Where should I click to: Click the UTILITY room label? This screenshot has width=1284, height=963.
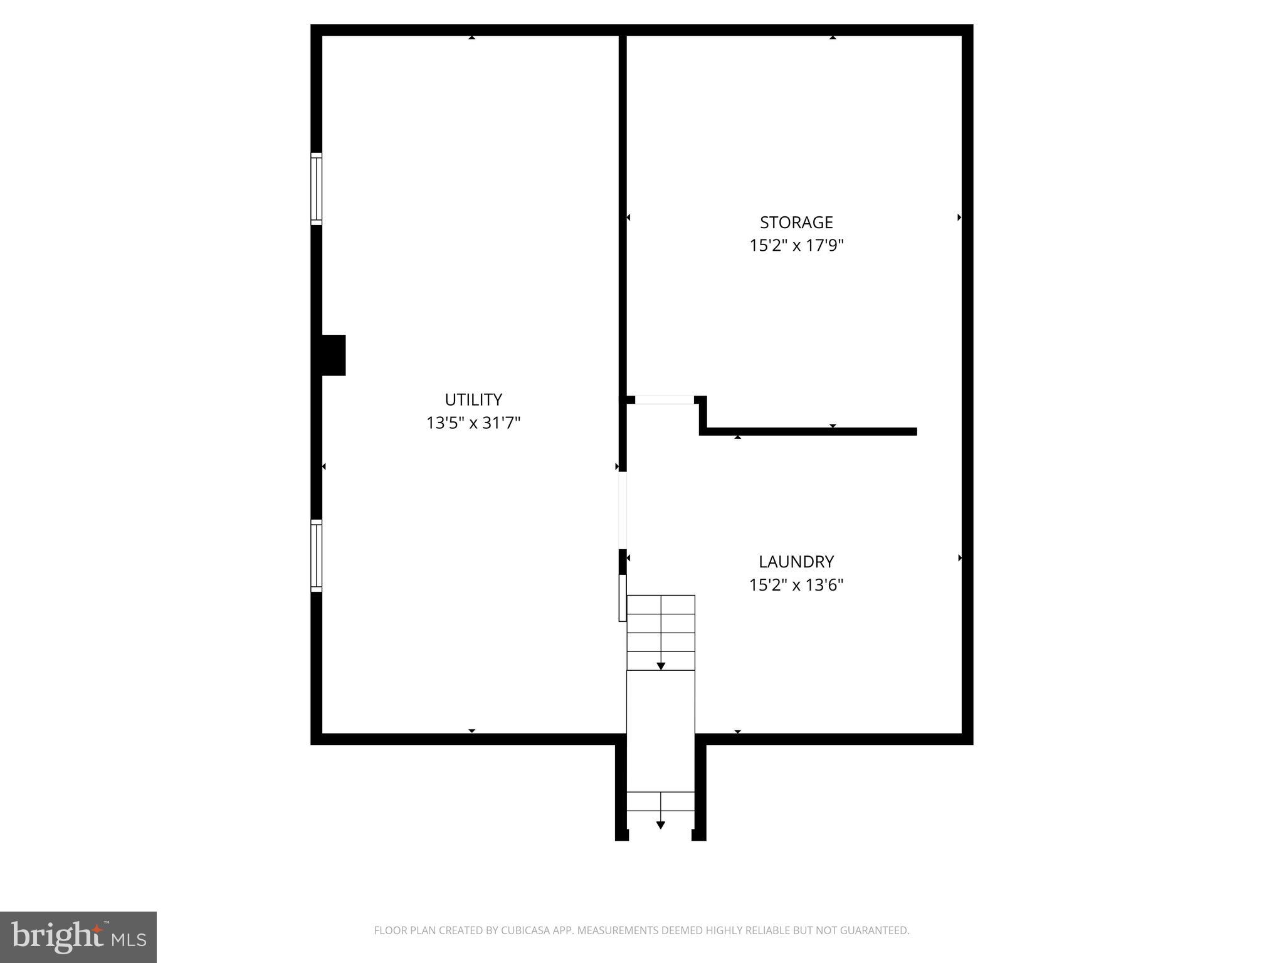473,399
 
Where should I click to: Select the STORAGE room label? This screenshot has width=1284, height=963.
796,223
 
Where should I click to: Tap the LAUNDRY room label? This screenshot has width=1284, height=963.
796,562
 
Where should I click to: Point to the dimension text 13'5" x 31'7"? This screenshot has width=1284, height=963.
473,423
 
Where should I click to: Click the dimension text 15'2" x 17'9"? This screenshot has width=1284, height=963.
796,246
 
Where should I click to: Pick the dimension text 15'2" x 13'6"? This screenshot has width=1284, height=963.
796,585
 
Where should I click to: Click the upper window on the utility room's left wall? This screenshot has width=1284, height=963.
317,189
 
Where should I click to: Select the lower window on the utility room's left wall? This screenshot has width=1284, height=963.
317,555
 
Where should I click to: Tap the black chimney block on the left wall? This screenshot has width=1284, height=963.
333,355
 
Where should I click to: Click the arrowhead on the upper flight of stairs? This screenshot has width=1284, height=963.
661,666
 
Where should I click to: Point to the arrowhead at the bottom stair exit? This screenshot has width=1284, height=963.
661,825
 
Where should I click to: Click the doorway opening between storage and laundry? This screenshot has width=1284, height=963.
665,400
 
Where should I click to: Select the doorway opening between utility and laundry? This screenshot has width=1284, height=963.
623,510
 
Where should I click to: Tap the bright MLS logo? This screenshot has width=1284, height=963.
78,937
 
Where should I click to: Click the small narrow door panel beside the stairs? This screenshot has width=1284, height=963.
623,598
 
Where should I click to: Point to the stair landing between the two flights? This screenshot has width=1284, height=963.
661,730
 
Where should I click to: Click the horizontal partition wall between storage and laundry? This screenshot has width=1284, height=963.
809,431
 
